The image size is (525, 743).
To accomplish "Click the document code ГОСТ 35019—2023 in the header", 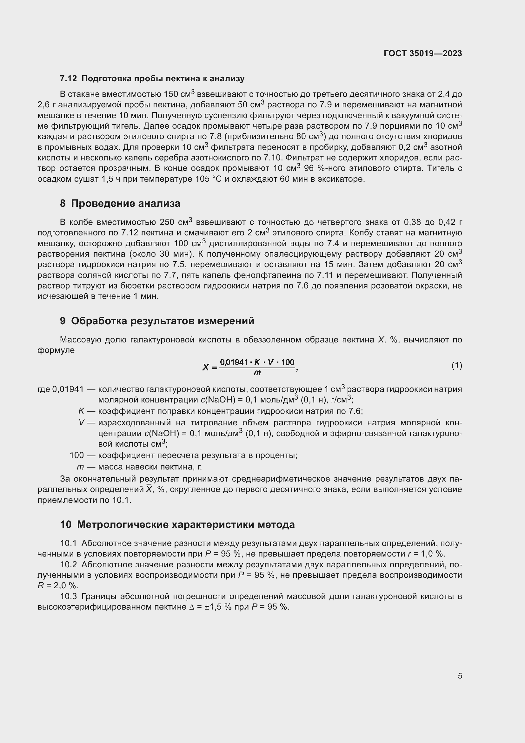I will tap(422, 53).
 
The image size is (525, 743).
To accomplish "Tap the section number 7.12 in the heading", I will tap(68, 79).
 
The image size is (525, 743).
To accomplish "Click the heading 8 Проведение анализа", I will tap(120, 204).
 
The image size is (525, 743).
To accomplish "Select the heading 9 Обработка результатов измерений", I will tap(157, 321).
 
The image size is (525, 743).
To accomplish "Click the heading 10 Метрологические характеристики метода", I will tap(177, 524).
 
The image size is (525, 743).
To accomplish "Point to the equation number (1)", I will tap(456, 366).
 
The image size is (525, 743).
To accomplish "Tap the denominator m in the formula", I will tap(257, 373).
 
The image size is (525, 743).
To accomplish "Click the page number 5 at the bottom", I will tap(460, 676).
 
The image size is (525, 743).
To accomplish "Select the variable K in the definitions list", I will tap(81, 411).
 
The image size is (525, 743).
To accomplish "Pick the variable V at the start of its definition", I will tap(81, 422).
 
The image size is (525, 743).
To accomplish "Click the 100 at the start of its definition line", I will tap(76, 455).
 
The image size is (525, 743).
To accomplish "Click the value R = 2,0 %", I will tap(57, 586).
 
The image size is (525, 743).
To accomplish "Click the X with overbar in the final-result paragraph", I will tap(149, 489).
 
